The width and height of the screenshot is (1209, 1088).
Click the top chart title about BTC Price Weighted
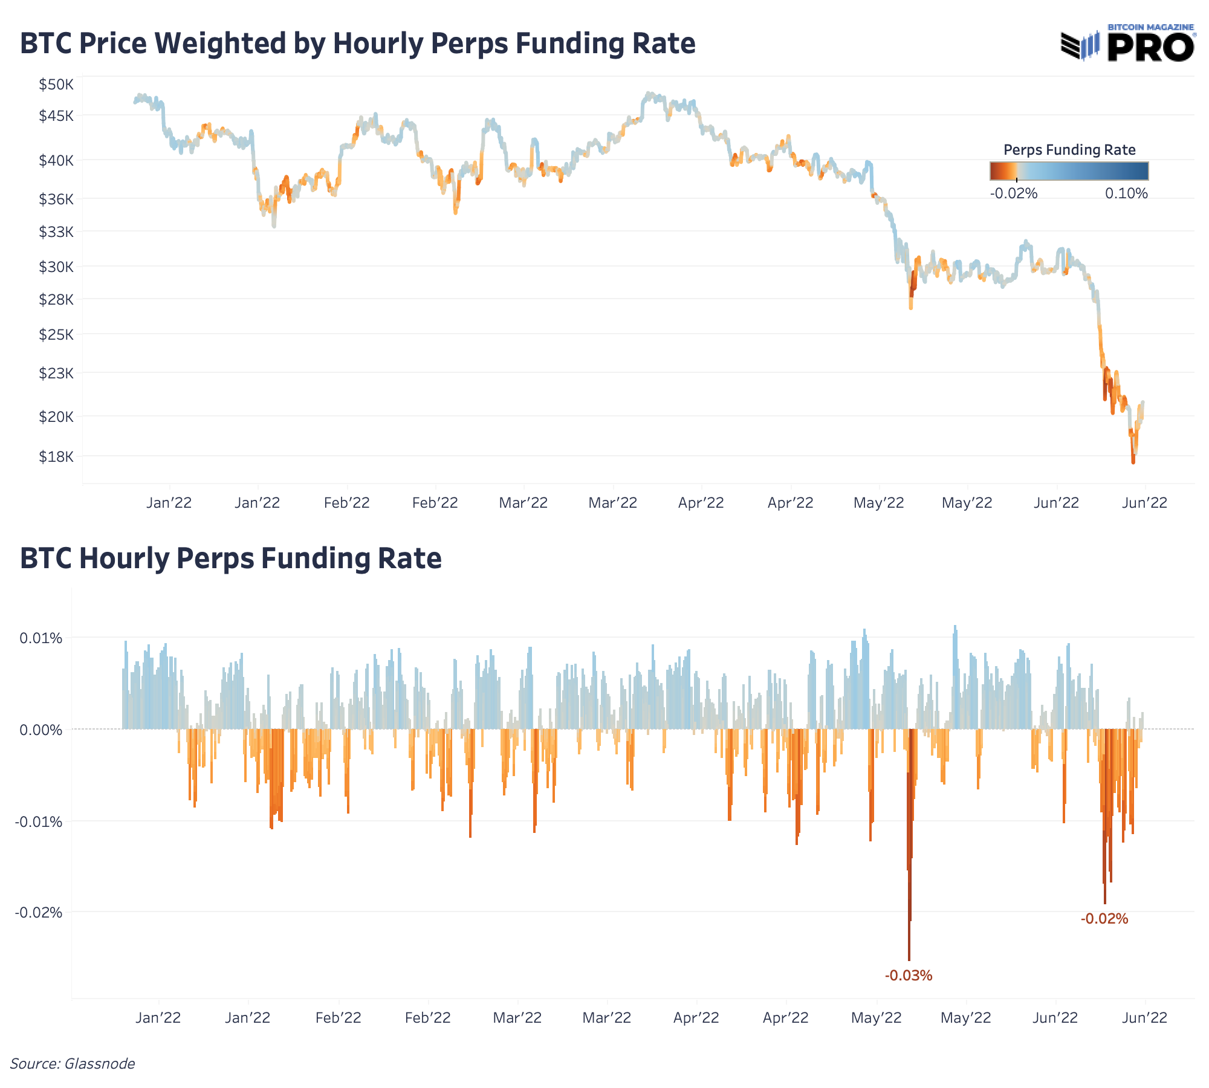pyautogui.click(x=357, y=44)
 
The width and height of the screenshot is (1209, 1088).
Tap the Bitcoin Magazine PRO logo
pyautogui.click(x=1128, y=44)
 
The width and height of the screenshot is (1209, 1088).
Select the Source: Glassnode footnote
pyautogui.click(x=73, y=1063)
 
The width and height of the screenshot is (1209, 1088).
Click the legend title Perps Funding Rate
pyautogui.click(x=1069, y=150)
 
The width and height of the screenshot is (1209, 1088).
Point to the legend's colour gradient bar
pyautogui.click(x=1069, y=171)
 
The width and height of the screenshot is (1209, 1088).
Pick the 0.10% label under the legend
pyautogui.click(x=1126, y=193)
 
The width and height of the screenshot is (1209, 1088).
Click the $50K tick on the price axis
pyautogui.click(x=56, y=85)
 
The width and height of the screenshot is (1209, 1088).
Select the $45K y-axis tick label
pyautogui.click(x=56, y=115)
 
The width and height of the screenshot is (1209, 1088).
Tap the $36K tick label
pyautogui.click(x=56, y=199)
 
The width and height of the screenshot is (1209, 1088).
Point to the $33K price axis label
pyautogui.click(x=56, y=232)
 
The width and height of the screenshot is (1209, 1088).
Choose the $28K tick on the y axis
pyautogui.click(x=56, y=299)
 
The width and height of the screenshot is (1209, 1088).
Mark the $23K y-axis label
pyautogui.click(x=56, y=373)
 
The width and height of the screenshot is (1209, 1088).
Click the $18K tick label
pyautogui.click(x=56, y=456)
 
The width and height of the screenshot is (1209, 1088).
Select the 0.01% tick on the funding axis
pyautogui.click(x=41, y=638)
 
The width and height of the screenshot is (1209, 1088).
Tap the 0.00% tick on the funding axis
pyautogui.click(x=41, y=730)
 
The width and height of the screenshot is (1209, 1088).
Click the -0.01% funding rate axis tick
pyautogui.click(x=39, y=821)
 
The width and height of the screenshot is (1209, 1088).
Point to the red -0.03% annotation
pyautogui.click(x=908, y=975)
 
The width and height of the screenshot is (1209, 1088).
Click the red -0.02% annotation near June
pyautogui.click(x=1104, y=919)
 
